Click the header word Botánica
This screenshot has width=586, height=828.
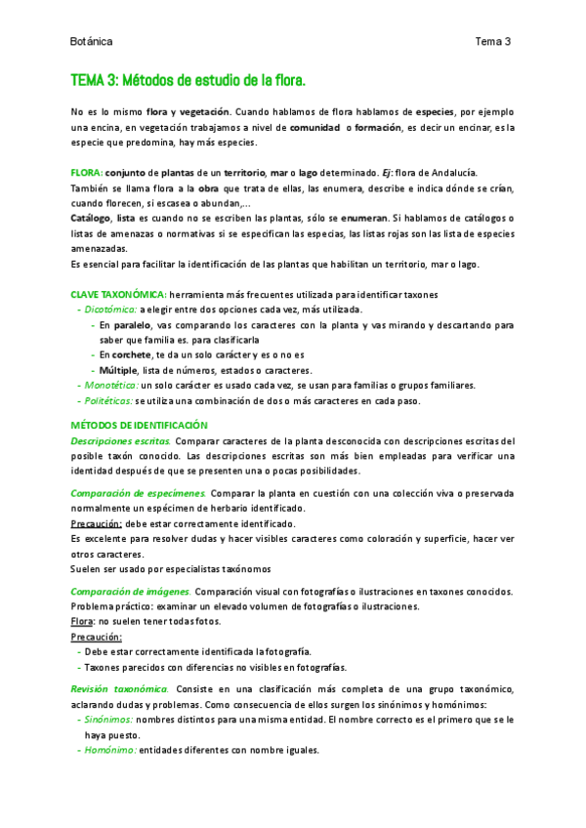pyautogui.click(x=92, y=42)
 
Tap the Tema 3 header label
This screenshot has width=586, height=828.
pyautogui.click(x=492, y=42)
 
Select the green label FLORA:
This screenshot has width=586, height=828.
pyautogui.click(x=87, y=173)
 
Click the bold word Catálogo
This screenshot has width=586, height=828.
pyautogui.click(x=91, y=217)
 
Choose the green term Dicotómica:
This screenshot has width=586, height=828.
pyautogui.click(x=111, y=310)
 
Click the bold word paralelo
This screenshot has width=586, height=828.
pyautogui.click(x=132, y=325)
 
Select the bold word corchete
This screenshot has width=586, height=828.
pyautogui.click(x=132, y=355)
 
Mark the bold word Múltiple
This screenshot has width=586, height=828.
pyautogui.click(x=119, y=370)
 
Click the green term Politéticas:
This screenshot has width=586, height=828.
pyautogui.click(x=107, y=400)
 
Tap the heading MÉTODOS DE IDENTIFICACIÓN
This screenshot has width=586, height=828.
pyautogui.click(x=140, y=426)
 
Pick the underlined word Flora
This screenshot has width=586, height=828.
pyautogui.click(x=83, y=621)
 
